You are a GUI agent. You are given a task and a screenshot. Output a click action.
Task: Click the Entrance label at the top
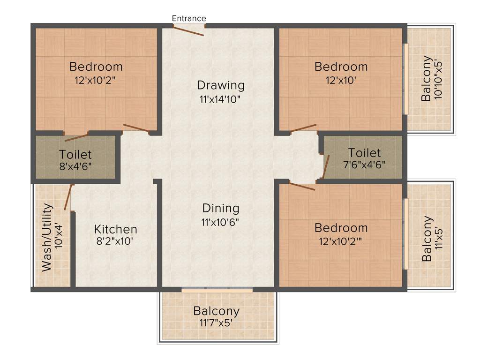pyautogui.click(x=189, y=18)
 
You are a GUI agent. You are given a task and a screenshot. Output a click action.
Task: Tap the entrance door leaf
pyautogui.click(x=188, y=30)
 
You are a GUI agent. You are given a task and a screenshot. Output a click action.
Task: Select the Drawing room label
pyautogui.click(x=221, y=85)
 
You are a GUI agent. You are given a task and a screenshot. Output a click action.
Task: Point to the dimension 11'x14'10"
pyautogui.click(x=221, y=99)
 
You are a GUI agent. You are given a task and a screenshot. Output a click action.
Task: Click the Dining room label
pyautogui.click(x=221, y=208)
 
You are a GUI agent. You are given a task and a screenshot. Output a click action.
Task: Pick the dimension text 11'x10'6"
pyautogui.click(x=221, y=222)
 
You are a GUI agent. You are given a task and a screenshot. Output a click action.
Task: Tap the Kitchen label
pyautogui.click(x=116, y=229)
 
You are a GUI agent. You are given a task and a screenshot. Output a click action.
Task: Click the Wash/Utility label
pyautogui.click(x=47, y=238)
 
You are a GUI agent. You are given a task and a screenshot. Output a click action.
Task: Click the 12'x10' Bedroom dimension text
pyautogui.click(x=341, y=80)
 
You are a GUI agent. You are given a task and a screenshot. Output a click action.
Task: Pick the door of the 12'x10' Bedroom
pyautogui.click(x=303, y=127)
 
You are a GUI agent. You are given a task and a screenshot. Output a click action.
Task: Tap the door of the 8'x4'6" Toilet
pyautogui.click(x=76, y=137)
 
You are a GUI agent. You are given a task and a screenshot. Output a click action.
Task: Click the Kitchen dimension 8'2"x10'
pyautogui.click(x=116, y=242)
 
